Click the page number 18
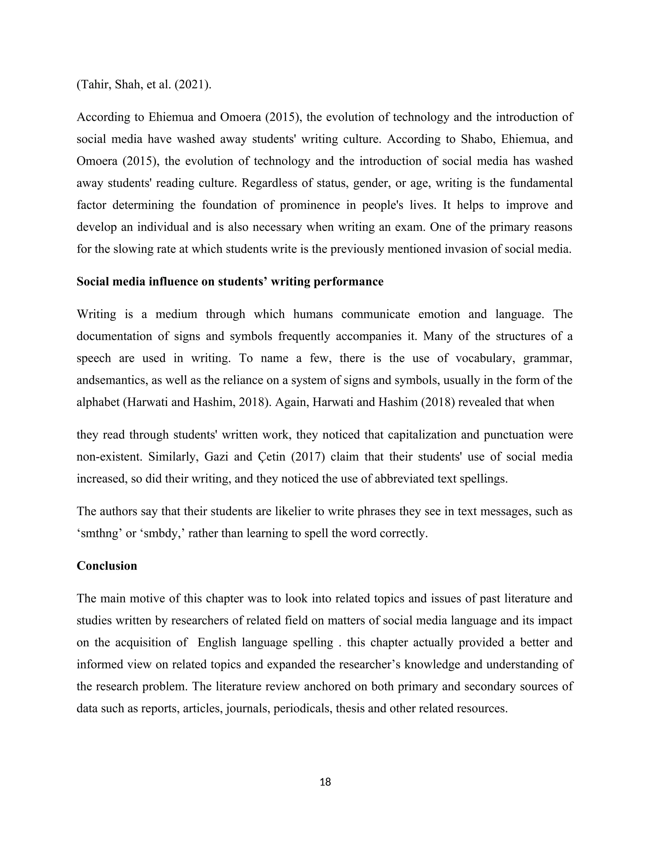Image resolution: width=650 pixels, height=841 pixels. click(x=325, y=782)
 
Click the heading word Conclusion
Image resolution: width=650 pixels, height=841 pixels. click(x=107, y=566)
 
